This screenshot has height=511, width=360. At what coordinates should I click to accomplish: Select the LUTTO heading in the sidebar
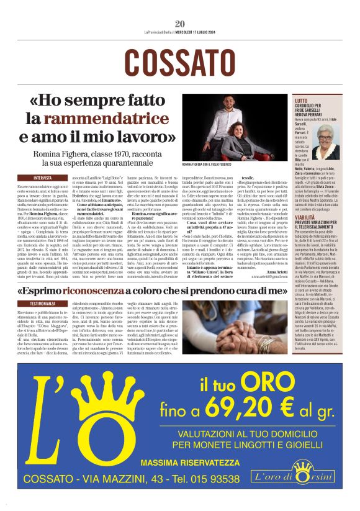click(301, 101)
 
